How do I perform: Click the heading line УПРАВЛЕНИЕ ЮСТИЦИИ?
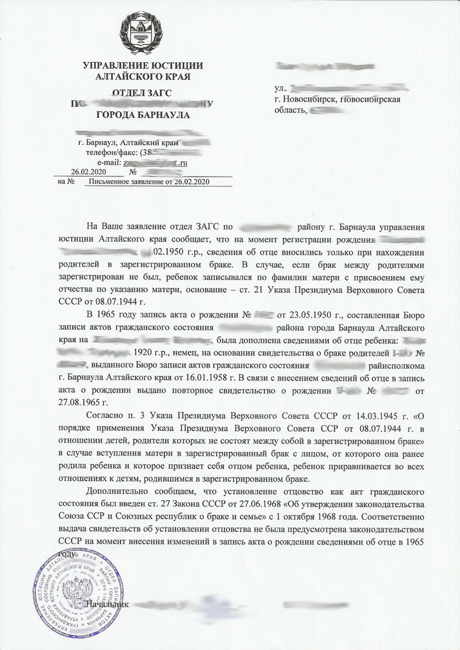143,65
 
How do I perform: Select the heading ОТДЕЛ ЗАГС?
141,93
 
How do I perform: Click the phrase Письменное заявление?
124,182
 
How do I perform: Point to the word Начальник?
107,604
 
